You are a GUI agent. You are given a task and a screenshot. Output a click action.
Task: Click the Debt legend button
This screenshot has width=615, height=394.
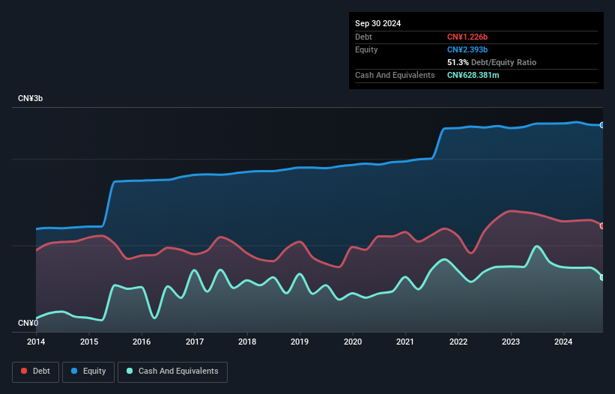coord(35,371)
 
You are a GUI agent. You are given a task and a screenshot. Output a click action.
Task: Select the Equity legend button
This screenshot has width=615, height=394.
coord(88,371)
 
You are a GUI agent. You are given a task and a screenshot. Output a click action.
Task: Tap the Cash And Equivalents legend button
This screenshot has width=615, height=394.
coord(172,371)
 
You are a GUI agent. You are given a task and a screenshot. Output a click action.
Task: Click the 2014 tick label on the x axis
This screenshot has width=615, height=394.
coord(36,342)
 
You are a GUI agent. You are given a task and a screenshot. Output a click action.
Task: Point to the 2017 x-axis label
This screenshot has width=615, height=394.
coord(194,342)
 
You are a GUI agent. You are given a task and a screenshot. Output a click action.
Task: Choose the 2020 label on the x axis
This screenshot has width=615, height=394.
coord(353,342)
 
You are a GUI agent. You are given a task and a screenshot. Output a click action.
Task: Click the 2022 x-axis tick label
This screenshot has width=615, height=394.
coord(458,342)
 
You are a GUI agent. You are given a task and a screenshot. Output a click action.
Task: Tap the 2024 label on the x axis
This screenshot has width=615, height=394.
coord(564,342)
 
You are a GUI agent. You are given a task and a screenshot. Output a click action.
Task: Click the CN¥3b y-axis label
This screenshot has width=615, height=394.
coord(31,99)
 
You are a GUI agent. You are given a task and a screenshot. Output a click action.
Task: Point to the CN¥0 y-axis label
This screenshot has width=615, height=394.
coord(28,323)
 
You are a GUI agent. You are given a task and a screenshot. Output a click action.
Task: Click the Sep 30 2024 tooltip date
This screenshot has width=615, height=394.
coord(378,23)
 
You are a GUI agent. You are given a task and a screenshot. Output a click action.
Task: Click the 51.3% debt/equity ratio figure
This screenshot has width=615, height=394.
coord(458,62)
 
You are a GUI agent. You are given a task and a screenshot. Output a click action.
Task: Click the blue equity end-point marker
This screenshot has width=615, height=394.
coord(602,125)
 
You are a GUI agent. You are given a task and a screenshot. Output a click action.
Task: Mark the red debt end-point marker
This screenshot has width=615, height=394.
coord(602,225)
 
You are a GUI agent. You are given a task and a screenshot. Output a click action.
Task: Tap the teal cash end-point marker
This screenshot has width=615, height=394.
coord(602,277)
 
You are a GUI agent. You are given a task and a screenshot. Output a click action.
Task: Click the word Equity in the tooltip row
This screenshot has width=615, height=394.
coord(366,49)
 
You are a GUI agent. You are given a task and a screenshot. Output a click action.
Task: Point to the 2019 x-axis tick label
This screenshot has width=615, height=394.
coord(300,342)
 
